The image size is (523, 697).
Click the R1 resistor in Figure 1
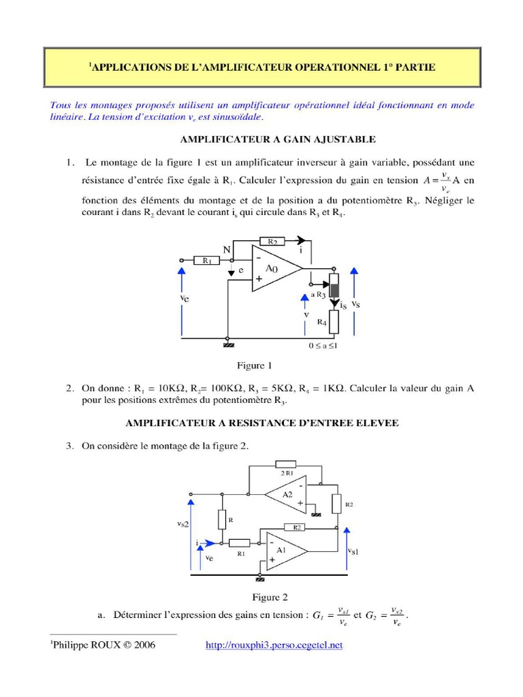(x=206, y=259)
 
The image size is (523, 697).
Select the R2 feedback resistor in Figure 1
(x=272, y=241)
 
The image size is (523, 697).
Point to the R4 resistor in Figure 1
(x=334, y=322)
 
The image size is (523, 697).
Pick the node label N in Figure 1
(x=227, y=249)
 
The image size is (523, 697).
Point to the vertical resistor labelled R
(x=222, y=520)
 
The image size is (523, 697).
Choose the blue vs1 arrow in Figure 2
(x=346, y=548)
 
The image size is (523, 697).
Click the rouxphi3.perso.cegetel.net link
(x=274, y=645)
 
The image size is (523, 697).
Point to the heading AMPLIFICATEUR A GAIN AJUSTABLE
(x=278, y=139)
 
